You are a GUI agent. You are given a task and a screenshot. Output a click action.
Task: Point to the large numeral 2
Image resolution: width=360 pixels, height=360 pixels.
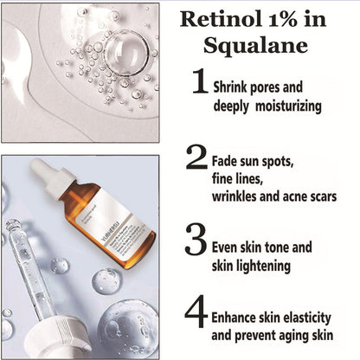pos(197,158)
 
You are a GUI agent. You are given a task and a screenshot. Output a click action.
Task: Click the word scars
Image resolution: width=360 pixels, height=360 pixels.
pos(318,196)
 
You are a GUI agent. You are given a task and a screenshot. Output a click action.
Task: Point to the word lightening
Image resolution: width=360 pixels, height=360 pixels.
pos(259,266)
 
